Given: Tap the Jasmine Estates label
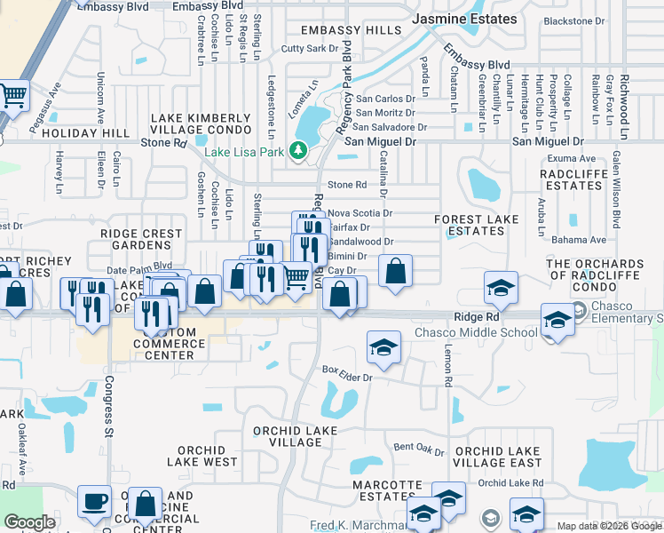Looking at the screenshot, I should [x=465, y=19].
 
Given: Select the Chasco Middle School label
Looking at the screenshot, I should [x=476, y=333].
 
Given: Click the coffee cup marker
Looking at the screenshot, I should [x=94, y=503].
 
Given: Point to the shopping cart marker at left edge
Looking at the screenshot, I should [x=12, y=96].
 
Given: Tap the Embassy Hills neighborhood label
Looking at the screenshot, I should [x=351, y=30].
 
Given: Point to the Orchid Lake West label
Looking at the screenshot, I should [x=208, y=456].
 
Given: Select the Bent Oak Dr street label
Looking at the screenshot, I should [x=419, y=448].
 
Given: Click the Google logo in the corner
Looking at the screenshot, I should [x=29, y=522].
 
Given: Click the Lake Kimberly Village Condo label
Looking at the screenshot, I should [x=200, y=123].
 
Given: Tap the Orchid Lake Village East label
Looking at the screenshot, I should [x=497, y=457].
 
